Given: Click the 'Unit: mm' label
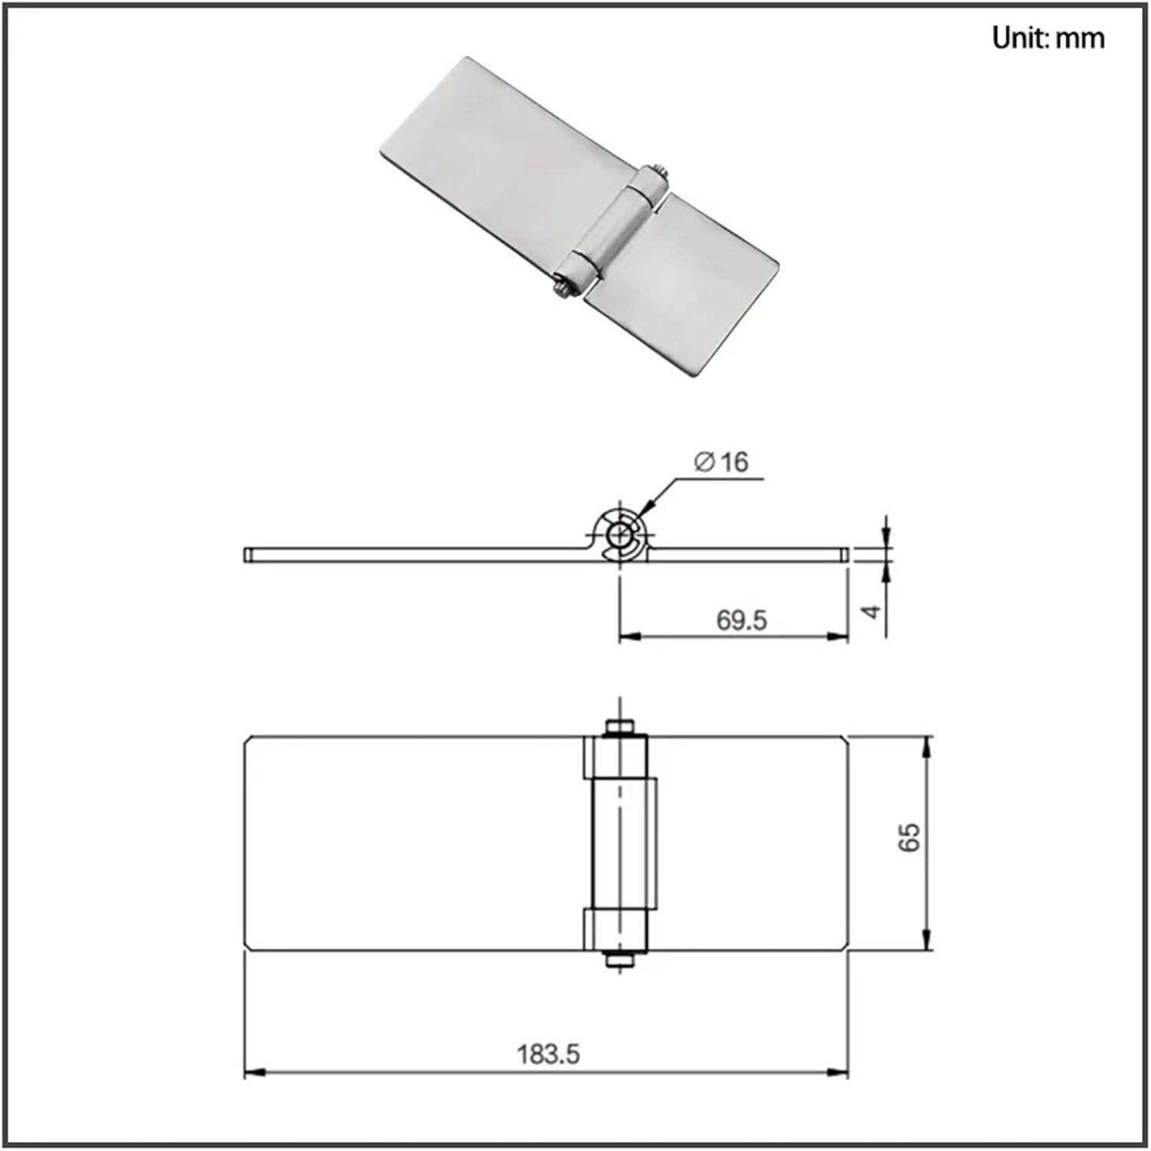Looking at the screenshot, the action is point(1047,38).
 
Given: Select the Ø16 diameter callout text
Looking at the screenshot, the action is point(721,461).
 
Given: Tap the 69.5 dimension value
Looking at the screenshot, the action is point(741,619).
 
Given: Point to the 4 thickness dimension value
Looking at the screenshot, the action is point(871,612).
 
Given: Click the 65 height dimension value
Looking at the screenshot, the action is point(909,836).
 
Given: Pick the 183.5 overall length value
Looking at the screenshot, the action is point(548,1054).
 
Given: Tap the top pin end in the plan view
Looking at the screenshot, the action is point(618,726).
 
